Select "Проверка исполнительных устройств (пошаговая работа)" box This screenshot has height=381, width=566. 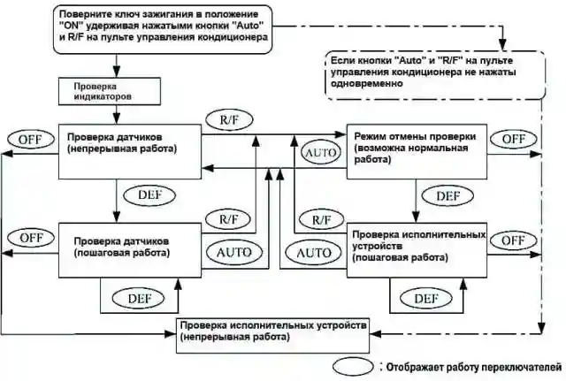(x=416, y=248)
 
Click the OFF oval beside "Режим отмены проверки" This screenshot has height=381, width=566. (x=513, y=140)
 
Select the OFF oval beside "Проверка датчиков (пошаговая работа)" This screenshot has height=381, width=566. (x=31, y=237)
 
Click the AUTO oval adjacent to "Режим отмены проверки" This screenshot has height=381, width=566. (x=320, y=152)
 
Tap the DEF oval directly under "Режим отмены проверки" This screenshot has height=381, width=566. (x=448, y=194)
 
